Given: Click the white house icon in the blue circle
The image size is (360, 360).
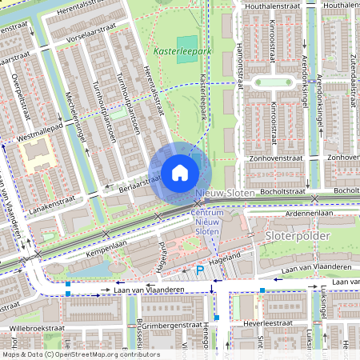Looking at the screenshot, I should [x=180, y=172].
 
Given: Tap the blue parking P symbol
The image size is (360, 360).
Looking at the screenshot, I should [x=199, y=270].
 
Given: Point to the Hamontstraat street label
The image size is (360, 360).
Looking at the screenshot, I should [x=238, y=64].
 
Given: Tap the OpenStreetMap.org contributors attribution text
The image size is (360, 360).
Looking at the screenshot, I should [x=108, y=354].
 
